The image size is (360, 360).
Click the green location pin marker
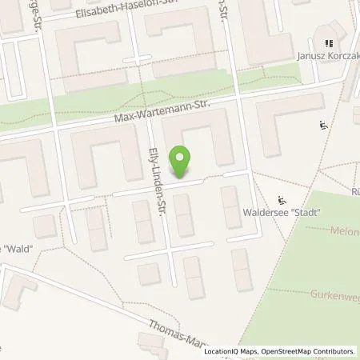click(182, 162)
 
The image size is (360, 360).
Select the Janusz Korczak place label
click(328, 57)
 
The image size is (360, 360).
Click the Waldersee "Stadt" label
click(282, 213)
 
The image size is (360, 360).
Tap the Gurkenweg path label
click(333, 294)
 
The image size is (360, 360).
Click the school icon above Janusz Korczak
click(327, 43)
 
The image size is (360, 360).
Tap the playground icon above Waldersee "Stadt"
click(281, 199)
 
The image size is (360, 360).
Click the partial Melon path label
click(343, 230)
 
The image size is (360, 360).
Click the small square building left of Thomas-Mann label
click(148, 274)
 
